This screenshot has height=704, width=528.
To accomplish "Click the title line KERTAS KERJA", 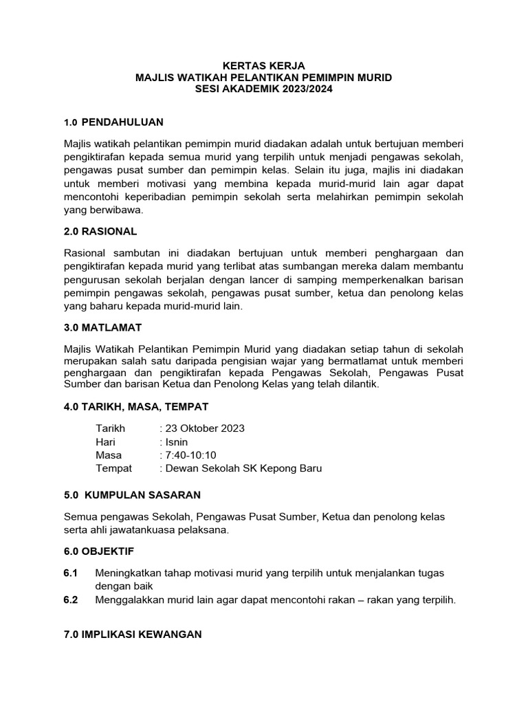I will (264, 66).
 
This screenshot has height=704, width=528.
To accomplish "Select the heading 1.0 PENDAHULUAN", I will (113, 122).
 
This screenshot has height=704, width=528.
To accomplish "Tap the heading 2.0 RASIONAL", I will (100, 231).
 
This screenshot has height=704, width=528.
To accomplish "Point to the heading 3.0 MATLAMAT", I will (102, 327).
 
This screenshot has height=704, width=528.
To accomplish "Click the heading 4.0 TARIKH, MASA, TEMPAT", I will (136, 406).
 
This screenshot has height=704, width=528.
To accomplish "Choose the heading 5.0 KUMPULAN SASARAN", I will (132, 495).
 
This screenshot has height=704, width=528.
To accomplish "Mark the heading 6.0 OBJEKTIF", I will (99, 551).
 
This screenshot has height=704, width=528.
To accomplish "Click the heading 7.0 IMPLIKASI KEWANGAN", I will (133, 635).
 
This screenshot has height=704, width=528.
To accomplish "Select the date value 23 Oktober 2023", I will (204, 428).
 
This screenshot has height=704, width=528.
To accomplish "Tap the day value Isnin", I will (175, 442).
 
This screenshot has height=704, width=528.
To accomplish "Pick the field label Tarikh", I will (111, 428).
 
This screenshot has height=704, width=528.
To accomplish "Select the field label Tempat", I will (114, 468).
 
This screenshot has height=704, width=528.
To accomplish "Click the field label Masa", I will (109, 455).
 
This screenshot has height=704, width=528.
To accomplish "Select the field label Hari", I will (106, 442).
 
